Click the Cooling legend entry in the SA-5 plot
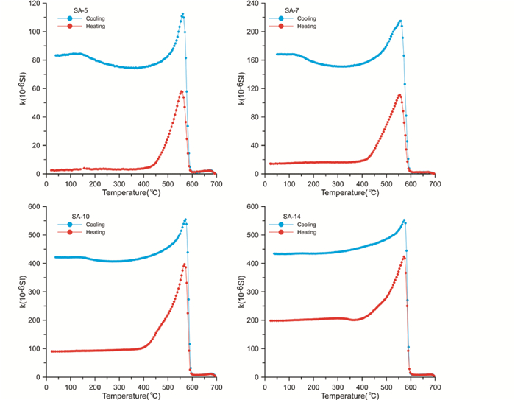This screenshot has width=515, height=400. click(86, 18)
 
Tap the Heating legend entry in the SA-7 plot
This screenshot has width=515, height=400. click(306, 26)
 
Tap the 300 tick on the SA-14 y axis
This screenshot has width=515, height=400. click(251, 292)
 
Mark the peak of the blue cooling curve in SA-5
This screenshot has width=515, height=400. click(182, 13)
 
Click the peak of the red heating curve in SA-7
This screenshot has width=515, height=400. click(399, 94)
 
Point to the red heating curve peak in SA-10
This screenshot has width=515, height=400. click(184, 264)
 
